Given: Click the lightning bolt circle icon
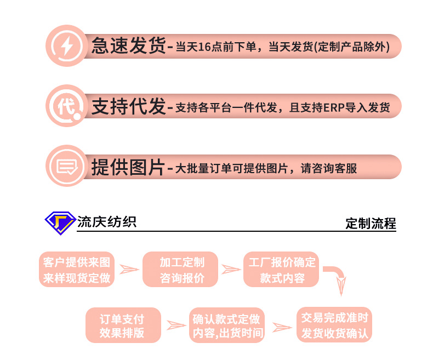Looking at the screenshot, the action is pyautogui.click(x=66, y=46).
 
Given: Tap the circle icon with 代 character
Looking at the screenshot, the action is pyautogui.click(x=66, y=106).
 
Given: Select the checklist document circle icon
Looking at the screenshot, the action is pyautogui.click(x=66, y=166).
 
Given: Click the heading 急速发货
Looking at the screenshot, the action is pyautogui.click(x=128, y=47).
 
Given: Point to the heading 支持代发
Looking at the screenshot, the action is pyautogui.click(x=128, y=106).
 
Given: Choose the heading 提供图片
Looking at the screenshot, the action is pyautogui.click(x=128, y=167).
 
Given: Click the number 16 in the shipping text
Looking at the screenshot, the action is pyautogui.click(x=204, y=47).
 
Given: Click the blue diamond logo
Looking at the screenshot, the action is pyautogui.click(x=59, y=222).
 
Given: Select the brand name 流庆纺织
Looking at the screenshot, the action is pyautogui.click(x=106, y=221).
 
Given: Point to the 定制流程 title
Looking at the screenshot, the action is pyautogui.click(x=371, y=224).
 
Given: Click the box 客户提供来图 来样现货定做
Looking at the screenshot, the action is pyautogui.click(x=77, y=270).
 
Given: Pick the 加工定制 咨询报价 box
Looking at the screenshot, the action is pyautogui.click(x=181, y=270).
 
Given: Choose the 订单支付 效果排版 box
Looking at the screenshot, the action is pyautogui.click(x=123, y=325).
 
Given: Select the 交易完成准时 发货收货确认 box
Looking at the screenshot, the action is pyautogui.click(x=334, y=324).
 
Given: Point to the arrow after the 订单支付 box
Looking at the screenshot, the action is pyautogui.click(x=176, y=325).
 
